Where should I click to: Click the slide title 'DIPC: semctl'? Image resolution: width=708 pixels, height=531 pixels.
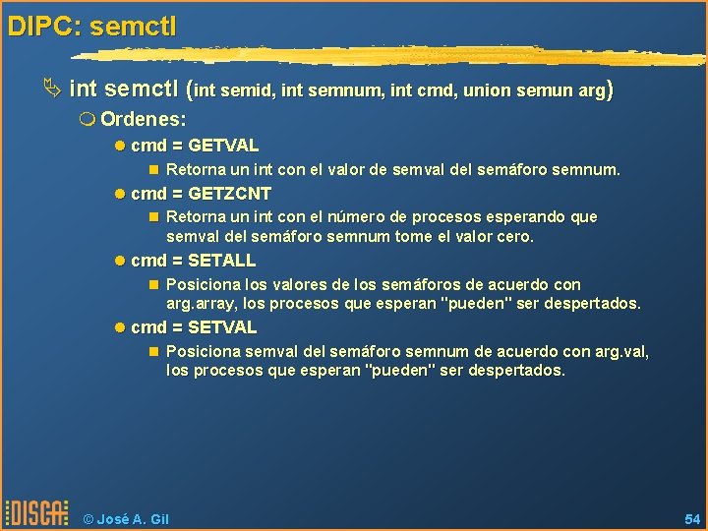(x=91, y=26)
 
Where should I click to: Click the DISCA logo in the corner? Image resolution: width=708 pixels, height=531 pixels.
(x=36, y=513)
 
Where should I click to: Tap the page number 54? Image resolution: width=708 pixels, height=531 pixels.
(x=691, y=517)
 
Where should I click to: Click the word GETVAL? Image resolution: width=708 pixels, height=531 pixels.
(x=222, y=146)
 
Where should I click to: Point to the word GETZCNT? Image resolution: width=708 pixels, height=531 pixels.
(x=229, y=194)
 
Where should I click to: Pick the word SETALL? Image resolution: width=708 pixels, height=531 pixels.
(x=221, y=261)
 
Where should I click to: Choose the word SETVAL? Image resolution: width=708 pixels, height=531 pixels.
(x=221, y=327)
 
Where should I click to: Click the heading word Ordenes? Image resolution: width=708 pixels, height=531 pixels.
(x=144, y=119)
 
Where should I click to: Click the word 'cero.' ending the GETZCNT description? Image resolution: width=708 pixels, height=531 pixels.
(x=514, y=237)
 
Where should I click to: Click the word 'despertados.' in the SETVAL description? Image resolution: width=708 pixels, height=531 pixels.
(x=518, y=371)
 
